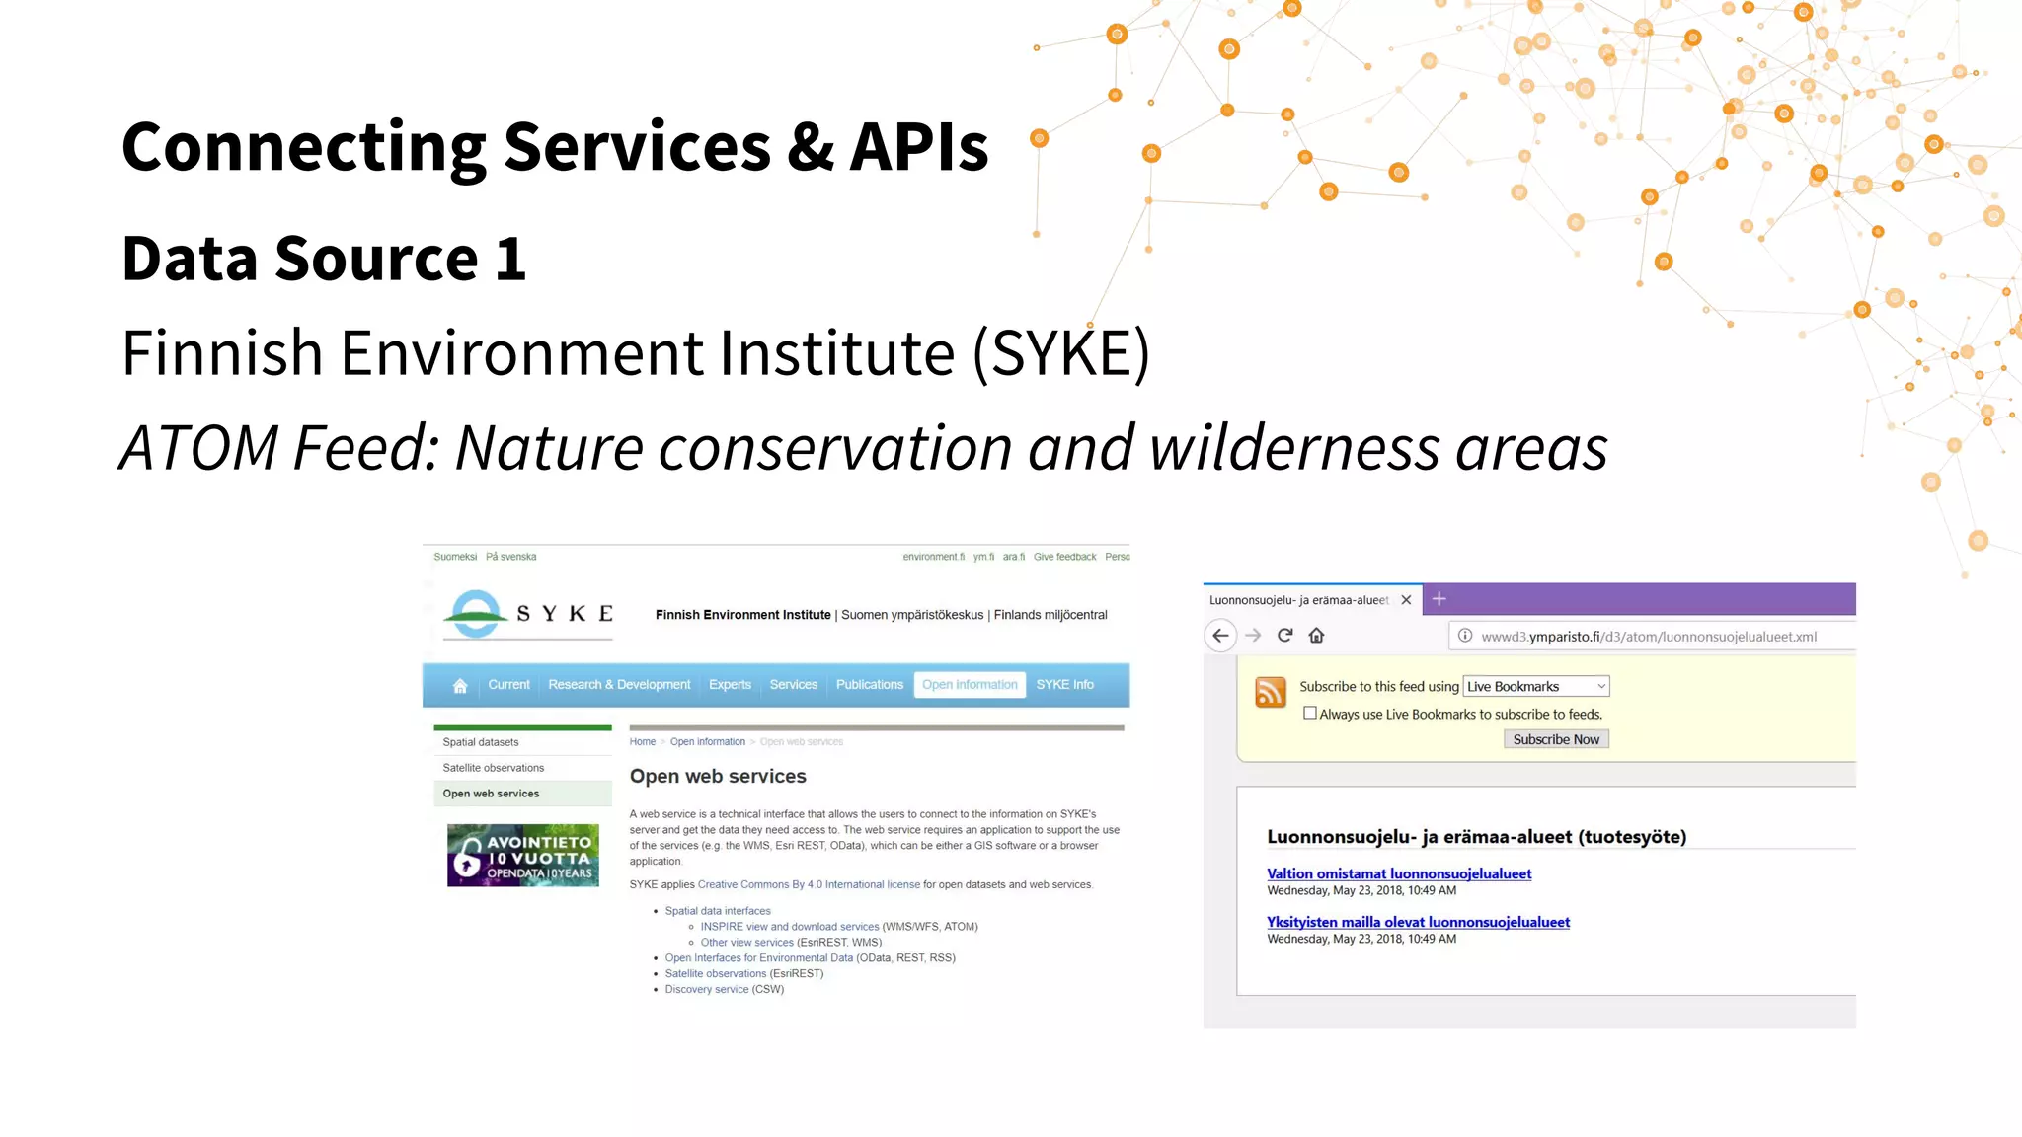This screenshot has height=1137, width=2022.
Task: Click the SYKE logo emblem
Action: [477, 613]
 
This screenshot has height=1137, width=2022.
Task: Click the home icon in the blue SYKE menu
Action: [460, 685]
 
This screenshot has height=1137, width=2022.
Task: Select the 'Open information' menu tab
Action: [970, 684]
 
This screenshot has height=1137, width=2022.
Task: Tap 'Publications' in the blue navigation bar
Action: [869, 684]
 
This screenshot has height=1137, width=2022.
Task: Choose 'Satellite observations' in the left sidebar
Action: [493, 768]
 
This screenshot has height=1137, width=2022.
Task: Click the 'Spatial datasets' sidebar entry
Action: [481, 742]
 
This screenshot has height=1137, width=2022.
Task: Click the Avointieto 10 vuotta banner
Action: [522, 855]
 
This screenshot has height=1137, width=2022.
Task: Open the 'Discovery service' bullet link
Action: [706, 989]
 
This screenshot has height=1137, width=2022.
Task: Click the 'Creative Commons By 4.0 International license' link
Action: [809, 884]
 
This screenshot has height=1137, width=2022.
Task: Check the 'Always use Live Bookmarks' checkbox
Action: [1310, 713]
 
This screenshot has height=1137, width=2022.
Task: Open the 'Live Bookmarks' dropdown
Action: [1536, 686]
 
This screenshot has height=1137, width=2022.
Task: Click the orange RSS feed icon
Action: [1271, 692]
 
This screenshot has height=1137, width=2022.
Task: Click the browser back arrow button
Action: [1220, 636]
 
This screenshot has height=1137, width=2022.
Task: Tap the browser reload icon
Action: [1284, 636]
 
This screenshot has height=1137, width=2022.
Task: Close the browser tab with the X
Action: [1406, 599]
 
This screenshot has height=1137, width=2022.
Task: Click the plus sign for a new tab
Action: [1439, 599]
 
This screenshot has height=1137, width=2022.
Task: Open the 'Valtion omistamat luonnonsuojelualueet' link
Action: [1399, 873]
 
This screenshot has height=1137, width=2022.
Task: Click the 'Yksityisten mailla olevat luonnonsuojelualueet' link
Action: [1418, 922]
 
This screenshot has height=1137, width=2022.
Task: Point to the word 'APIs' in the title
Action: [919, 147]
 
